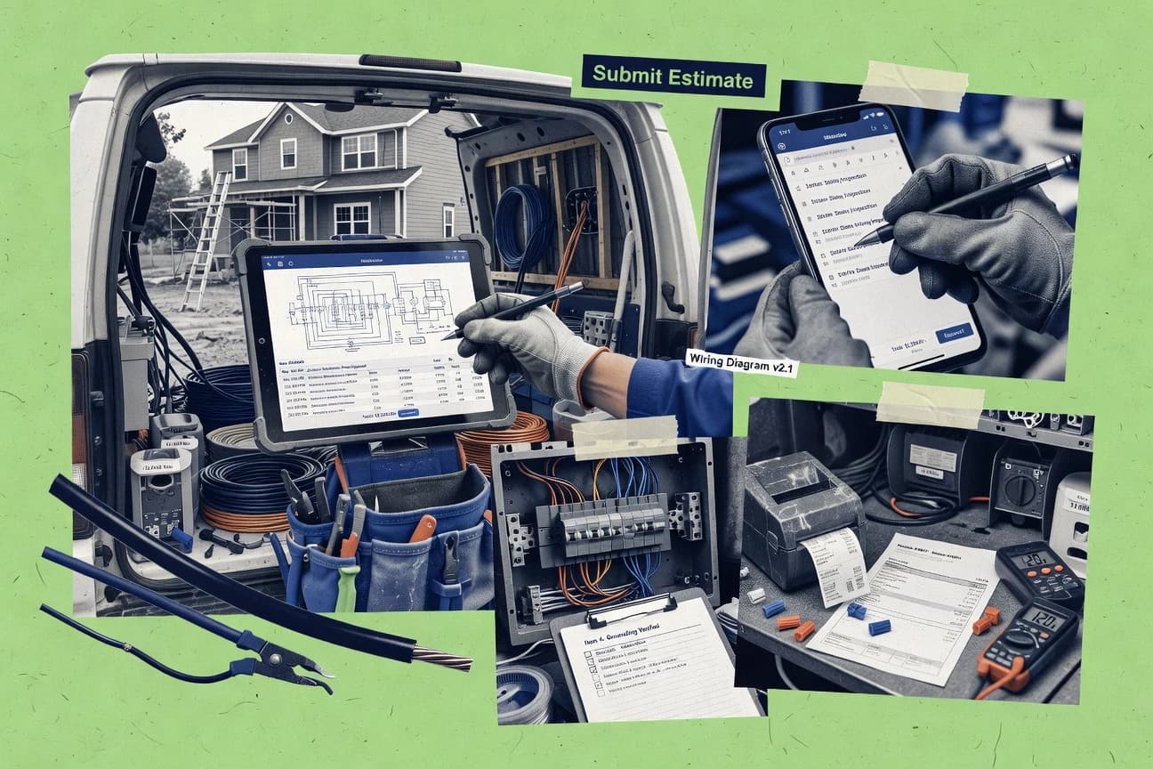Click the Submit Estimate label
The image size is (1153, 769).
[x=673, y=77]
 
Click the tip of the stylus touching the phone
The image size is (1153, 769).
[x=860, y=240]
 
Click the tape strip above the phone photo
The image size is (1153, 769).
[x=913, y=86]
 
